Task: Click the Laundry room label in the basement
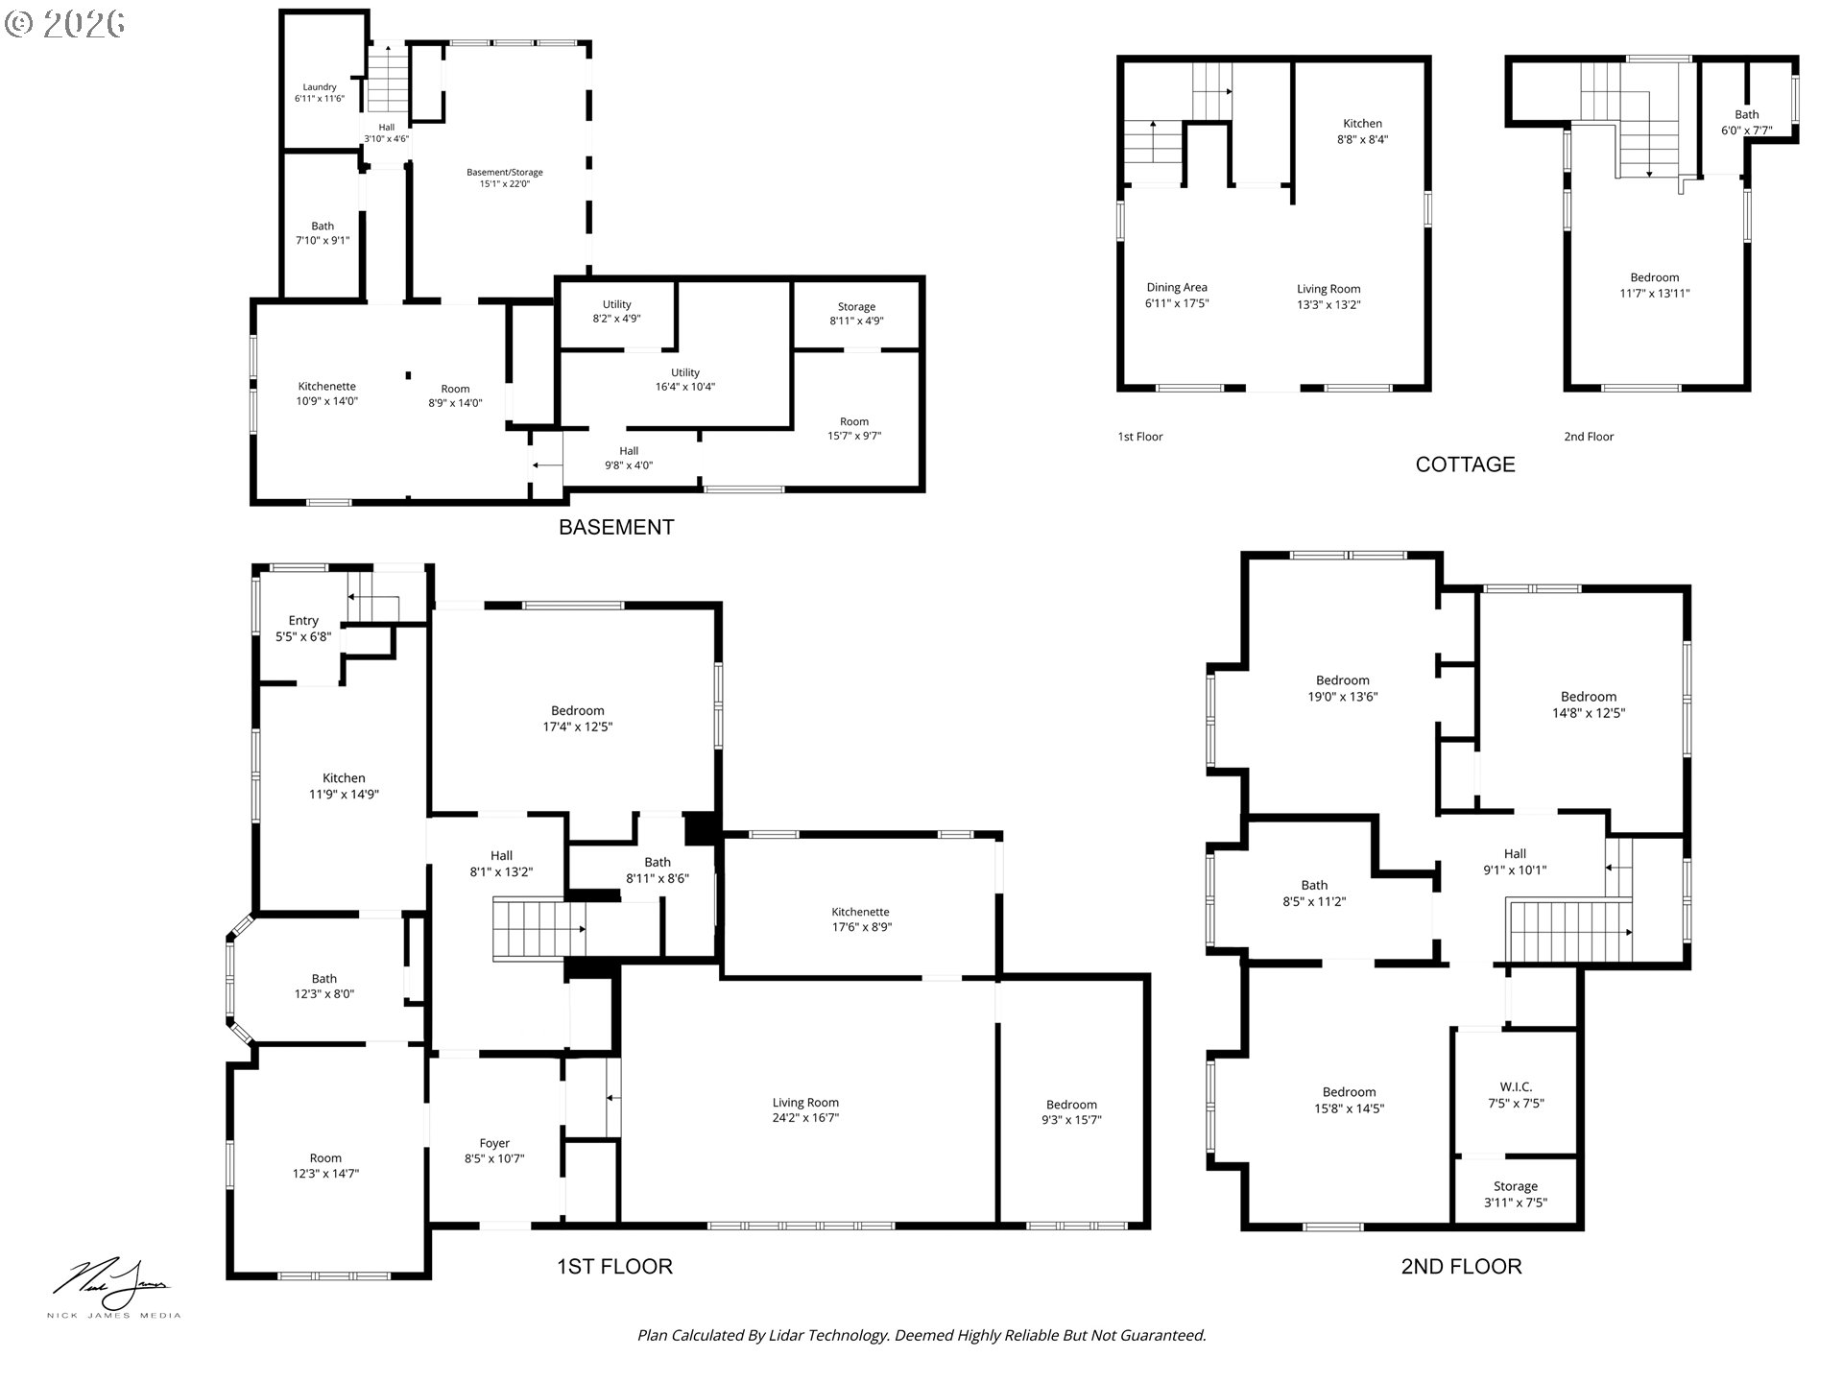pos(320,93)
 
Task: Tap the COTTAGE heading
pos(1465,465)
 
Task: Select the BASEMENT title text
pos(616,527)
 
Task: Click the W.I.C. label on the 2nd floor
pos(1516,1094)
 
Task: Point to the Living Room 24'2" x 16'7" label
pos(805,1110)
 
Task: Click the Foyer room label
pos(494,1151)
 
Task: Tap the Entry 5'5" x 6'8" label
pos(303,628)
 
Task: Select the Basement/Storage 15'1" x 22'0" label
pos(505,178)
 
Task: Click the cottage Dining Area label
pos(1177,295)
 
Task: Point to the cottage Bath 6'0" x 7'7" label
pos(1746,122)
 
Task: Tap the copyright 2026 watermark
pos(64,24)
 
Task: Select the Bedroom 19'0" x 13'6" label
pos(1342,688)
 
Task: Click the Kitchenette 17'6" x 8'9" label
pos(861,919)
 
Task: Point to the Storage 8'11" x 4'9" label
pos(856,314)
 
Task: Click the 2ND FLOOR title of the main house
pos(1461,1266)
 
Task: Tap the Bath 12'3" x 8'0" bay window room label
pos(324,987)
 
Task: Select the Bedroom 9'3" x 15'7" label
pos(1071,1111)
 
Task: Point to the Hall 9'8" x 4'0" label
pos(629,458)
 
